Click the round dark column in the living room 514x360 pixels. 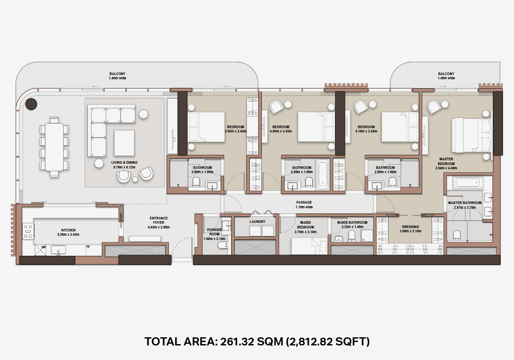click(31, 104)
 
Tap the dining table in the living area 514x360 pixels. click(54, 147)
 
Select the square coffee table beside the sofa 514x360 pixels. click(124, 143)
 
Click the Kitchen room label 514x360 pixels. click(69, 230)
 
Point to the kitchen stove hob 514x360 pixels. click(28, 231)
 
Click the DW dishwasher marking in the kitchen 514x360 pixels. click(43, 247)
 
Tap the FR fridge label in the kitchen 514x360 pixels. click(88, 247)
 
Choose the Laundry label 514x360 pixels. click(257, 222)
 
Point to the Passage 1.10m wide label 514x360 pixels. click(304, 204)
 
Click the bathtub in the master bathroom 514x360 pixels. click(468, 183)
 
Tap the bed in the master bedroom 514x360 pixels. click(472, 135)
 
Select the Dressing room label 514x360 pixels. click(410, 227)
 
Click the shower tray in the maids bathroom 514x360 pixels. click(367, 236)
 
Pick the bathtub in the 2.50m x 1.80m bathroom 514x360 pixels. click(323, 174)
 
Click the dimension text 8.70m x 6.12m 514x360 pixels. click(124, 167)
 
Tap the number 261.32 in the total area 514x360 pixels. click(237, 342)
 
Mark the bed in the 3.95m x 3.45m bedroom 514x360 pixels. click(206, 127)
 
